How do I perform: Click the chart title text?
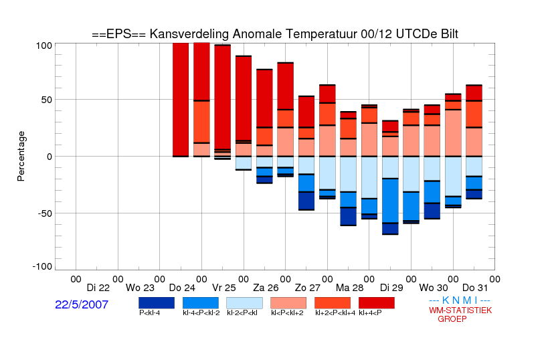click(275, 34)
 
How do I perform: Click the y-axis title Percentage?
click(21, 156)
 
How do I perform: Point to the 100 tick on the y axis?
click(44, 46)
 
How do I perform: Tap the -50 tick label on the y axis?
click(42, 213)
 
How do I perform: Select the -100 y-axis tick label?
click(42, 267)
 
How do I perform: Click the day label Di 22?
click(98, 288)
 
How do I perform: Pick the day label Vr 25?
click(223, 288)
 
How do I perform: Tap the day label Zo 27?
click(308, 288)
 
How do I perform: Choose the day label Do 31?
click(475, 288)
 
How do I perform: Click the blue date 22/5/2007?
click(82, 304)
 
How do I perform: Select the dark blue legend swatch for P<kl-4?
click(157, 303)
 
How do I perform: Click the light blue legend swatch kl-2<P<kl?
click(244, 303)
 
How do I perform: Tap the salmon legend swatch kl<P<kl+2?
click(288, 303)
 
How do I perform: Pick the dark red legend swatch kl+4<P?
click(377, 303)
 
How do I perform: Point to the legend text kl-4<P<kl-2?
click(201, 312)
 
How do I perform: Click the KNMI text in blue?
click(460, 300)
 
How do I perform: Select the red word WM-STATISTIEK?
click(460, 310)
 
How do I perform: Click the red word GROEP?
click(452, 319)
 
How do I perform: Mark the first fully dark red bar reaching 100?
click(181, 100)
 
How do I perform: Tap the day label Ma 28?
click(349, 288)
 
